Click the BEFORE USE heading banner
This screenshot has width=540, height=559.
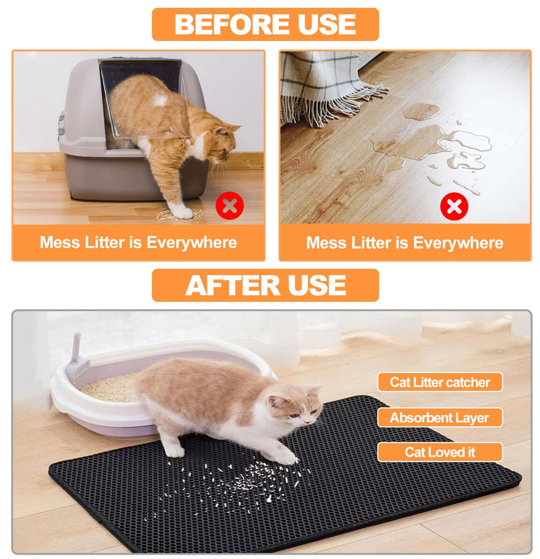[265, 24]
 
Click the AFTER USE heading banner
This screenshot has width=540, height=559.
[265, 285]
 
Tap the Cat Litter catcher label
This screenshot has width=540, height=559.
[440, 382]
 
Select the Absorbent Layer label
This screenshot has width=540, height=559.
[440, 418]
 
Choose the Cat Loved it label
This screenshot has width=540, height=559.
[440, 452]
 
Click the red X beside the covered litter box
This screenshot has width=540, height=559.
[230, 205]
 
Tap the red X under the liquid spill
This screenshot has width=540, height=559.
[454, 206]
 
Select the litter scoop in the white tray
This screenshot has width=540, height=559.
[78, 360]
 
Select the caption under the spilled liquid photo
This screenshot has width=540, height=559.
[404, 243]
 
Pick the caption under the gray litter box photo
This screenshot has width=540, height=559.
[138, 242]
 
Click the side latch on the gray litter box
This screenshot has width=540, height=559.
[62, 124]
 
